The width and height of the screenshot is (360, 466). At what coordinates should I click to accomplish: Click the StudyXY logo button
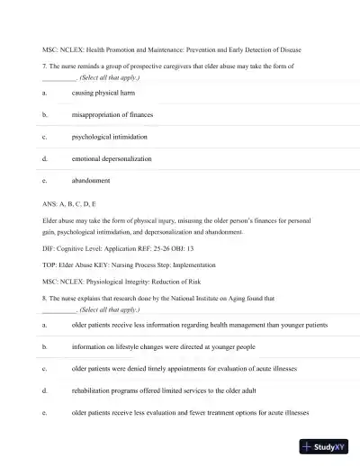click(x=325, y=446)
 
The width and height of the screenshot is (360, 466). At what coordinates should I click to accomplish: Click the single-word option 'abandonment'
click(x=91, y=180)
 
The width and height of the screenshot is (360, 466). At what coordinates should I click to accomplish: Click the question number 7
click(x=44, y=66)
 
